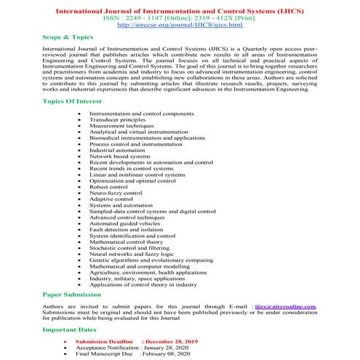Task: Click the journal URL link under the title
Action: point(180,25)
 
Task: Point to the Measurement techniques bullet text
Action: point(123,128)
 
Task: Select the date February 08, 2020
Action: point(168,354)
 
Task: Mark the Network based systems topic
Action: point(120,156)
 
